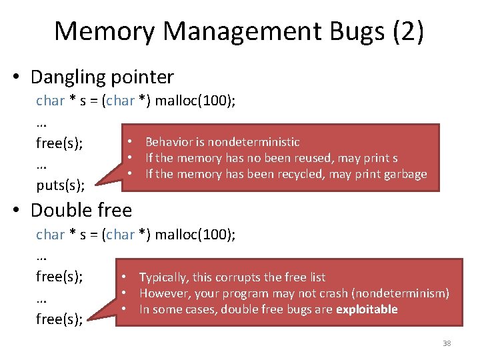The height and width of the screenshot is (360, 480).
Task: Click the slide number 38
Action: point(447,343)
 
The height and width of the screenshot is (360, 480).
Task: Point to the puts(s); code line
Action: point(60,185)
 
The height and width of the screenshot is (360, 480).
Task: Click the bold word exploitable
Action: point(367,309)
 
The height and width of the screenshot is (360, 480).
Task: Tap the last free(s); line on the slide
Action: point(59,319)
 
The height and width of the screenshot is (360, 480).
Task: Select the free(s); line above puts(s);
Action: point(59,143)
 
